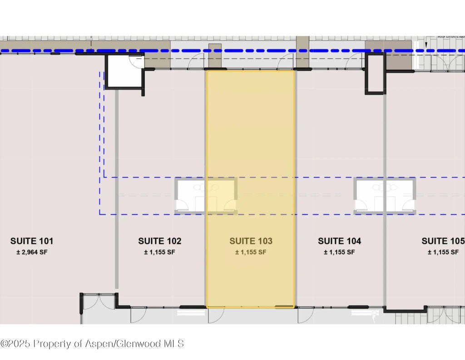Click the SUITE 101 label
tap(32, 241)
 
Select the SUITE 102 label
tap(159, 241)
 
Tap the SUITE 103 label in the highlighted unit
tap(251, 241)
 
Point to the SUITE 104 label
tap(339, 241)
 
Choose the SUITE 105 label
tap(442, 241)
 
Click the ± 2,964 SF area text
tap(32, 252)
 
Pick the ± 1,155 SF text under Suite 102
tap(159, 252)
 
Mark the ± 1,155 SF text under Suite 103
tap(251, 252)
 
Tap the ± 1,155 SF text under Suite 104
tap(339, 252)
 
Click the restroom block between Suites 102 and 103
tap(206, 196)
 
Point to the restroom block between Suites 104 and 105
tap(385, 196)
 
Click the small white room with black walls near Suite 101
tap(124, 72)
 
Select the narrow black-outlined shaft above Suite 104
tap(375, 73)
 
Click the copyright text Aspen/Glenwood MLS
tap(92, 343)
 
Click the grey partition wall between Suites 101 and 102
tap(117, 189)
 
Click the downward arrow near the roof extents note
tap(426, 44)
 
